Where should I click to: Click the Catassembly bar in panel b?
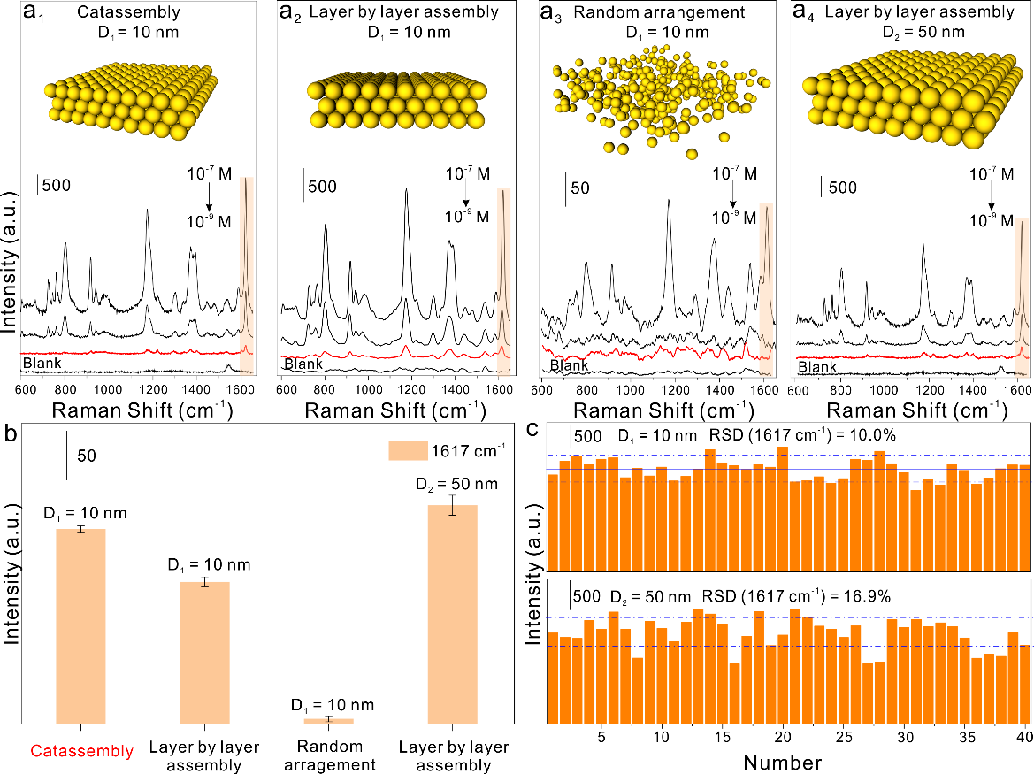pyautogui.click(x=80, y=626)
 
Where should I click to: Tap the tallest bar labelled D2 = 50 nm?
pyautogui.click(x=452, y=615)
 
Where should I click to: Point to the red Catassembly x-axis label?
pyautogui.click(x=80, y=751)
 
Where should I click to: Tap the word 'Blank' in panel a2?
pyautogui.click(x=301, y=364)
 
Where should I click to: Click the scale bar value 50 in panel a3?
pyautogui.click(x=579, y=188)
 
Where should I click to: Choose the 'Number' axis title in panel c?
pyautogui.click(x=782, y=762)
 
